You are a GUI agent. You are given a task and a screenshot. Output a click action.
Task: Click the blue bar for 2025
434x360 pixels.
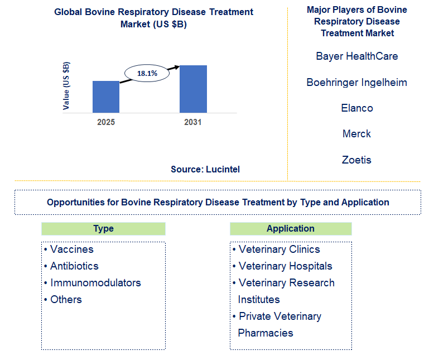tap(106, 97)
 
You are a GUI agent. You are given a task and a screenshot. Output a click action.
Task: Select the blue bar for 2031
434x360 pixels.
tap(193, 89)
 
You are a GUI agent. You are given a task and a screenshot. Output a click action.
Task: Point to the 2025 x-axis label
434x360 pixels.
tap(106, 122)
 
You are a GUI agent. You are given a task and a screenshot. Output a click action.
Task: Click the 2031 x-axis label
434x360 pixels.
tap(193, 122)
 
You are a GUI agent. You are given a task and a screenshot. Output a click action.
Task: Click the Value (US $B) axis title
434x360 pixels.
tap(66, 85)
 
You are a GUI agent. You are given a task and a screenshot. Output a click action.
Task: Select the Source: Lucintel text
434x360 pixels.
tap(205, 169)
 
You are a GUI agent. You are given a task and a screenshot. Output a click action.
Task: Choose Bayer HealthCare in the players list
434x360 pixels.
tap(356, 56)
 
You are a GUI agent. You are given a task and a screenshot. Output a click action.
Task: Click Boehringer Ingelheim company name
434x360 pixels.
tap(356, 83)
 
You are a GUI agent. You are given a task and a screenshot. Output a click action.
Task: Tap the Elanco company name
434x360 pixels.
tap(356, 108)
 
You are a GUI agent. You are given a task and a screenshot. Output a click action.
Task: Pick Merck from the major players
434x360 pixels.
tap(356, 134)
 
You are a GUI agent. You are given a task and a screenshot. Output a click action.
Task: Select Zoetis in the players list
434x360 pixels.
tap(356, 160)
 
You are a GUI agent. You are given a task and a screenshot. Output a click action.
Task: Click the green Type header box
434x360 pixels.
tap(103, 229)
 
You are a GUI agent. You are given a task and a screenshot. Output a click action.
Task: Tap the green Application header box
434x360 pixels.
tap(291, 229)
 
